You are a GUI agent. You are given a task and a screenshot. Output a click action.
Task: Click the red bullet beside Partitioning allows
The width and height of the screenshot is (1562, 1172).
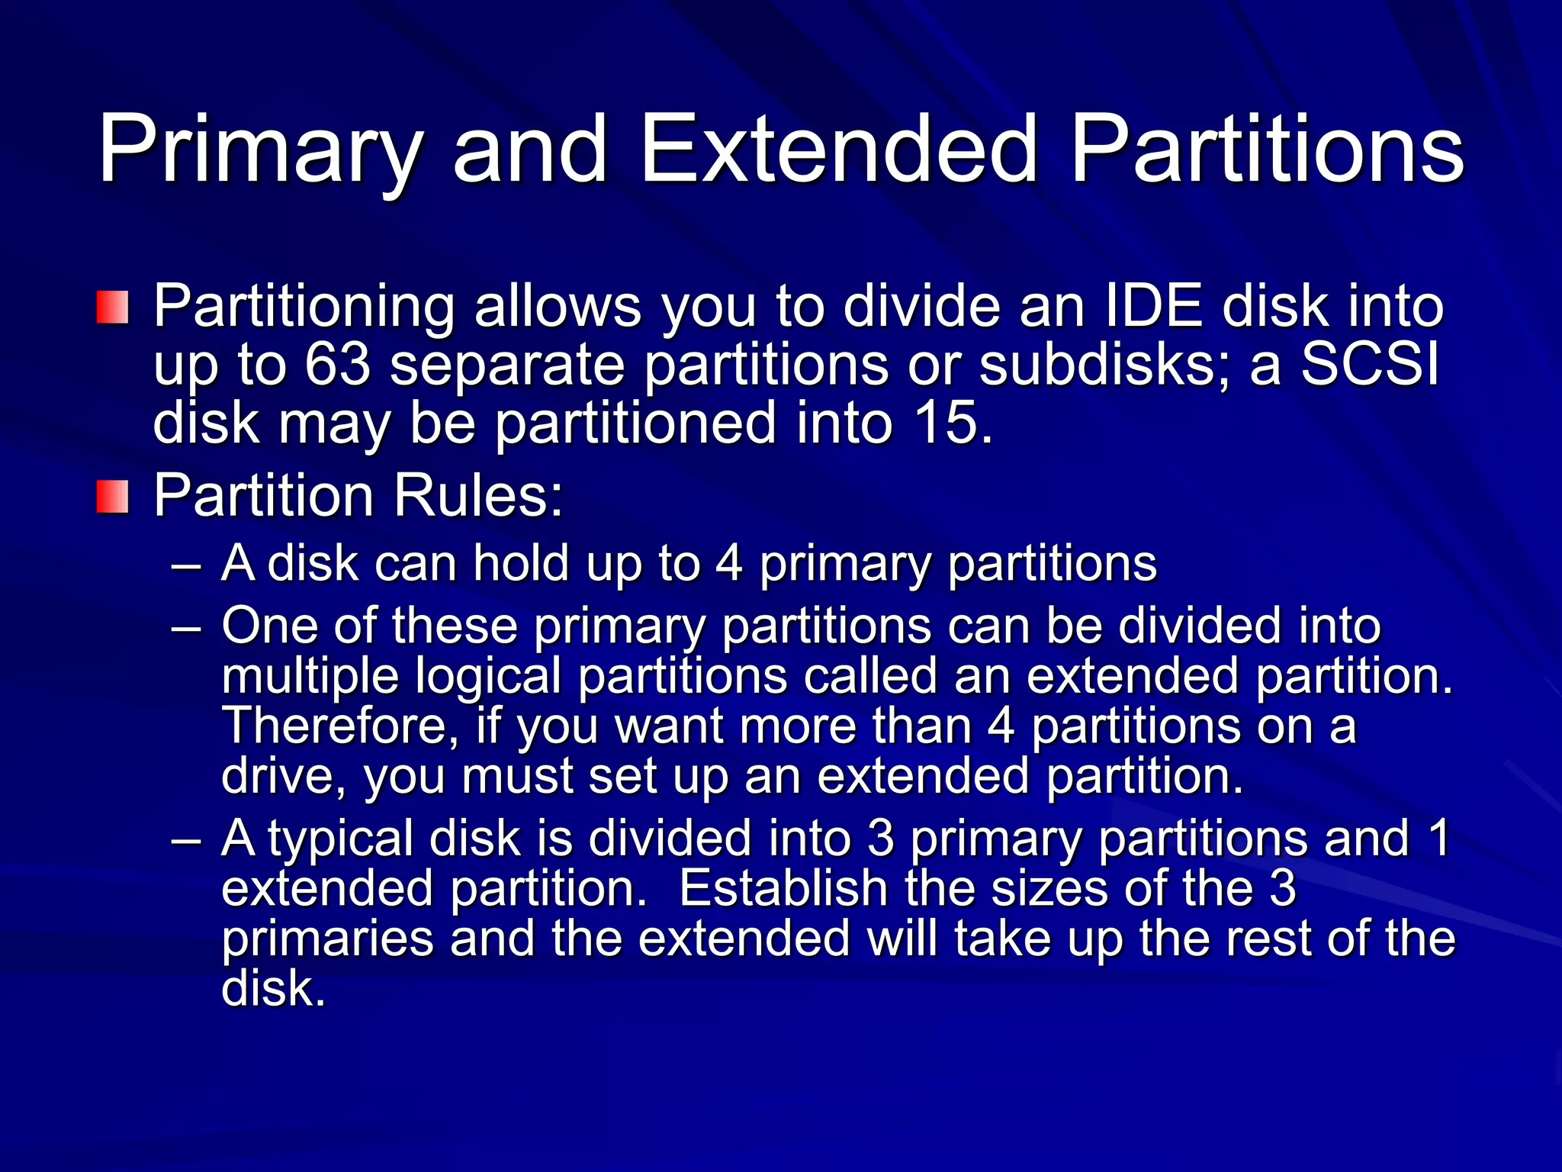tap(112, 307)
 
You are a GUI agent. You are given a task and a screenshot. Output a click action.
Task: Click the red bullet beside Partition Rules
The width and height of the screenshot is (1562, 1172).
tap(112, 497)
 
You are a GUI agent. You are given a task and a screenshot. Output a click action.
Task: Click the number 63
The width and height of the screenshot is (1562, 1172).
tap(337, 365)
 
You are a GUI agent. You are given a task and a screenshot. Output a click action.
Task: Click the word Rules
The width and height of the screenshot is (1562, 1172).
tap(477, 496)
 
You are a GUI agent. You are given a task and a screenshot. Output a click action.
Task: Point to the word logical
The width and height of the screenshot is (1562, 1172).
tap(488, 678)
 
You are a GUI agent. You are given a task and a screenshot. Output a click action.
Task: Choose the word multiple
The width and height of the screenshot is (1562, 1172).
tap(310, 678)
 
